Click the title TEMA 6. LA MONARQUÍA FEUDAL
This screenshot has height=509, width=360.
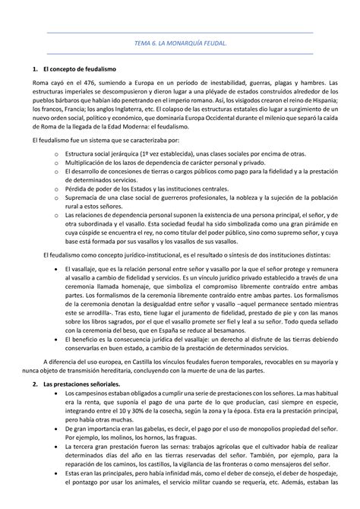point(180,45)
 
